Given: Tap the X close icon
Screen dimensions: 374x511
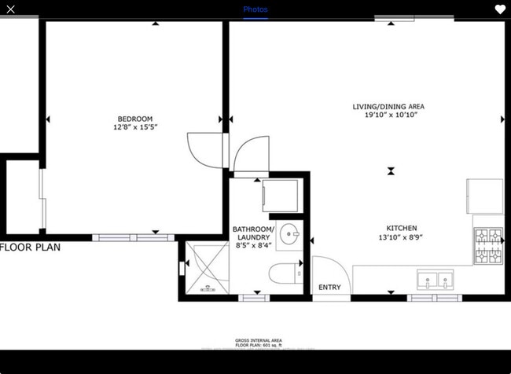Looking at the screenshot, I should [10, 9].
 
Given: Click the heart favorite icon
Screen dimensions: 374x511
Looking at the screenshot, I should [500, 9].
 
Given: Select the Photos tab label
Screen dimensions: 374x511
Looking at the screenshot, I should [255, 9].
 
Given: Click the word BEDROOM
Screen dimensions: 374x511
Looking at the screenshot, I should [135, 119].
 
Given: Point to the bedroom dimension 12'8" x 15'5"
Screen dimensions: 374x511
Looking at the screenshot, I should [135, 127].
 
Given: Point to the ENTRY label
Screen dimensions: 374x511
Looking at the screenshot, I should [329, 288].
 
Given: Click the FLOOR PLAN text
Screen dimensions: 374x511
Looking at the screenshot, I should [30, 247].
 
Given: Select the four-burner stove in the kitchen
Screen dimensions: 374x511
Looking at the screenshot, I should [488, 246].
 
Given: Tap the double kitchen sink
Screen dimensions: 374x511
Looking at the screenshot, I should [434, 278].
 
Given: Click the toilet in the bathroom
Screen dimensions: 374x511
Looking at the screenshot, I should [281, 273].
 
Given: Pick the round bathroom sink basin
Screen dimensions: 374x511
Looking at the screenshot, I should [289, 233].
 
